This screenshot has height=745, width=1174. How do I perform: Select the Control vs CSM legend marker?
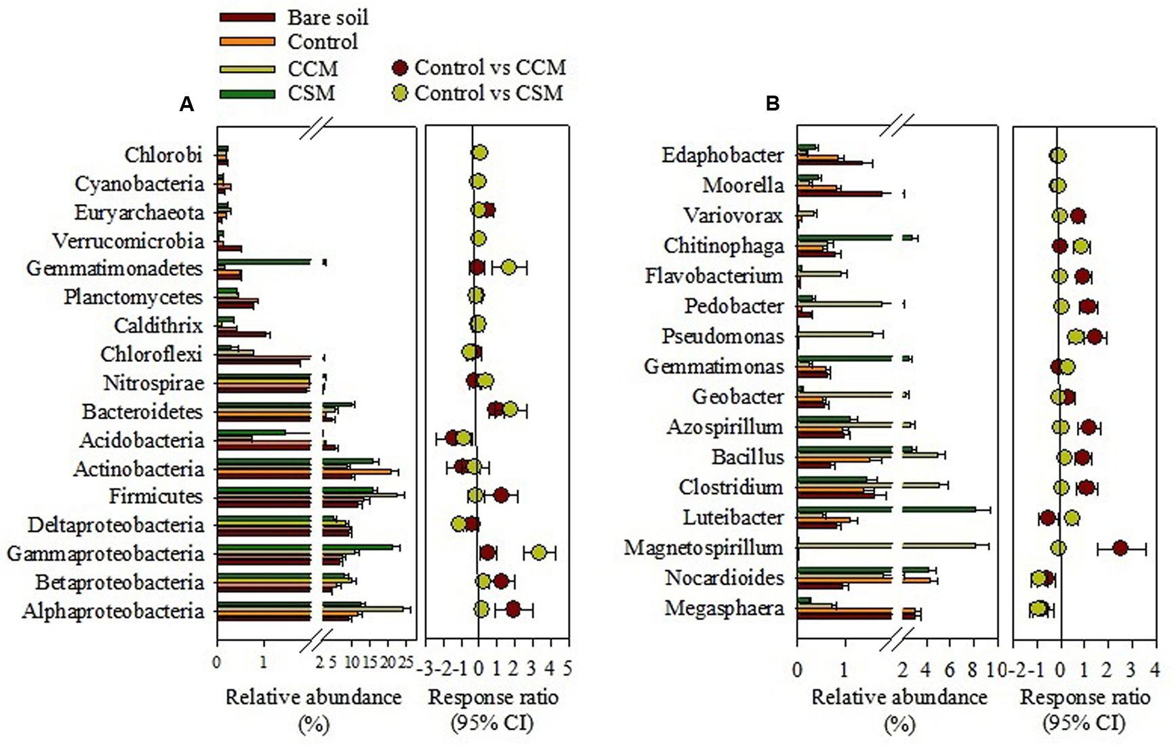coord(401,93)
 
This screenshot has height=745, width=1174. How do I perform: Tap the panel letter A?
coord(186,104)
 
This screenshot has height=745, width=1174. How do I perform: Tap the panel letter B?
coord(772,104)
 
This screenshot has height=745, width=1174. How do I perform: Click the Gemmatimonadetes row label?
coord(115,268)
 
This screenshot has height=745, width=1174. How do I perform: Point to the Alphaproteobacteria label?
coord(113,611)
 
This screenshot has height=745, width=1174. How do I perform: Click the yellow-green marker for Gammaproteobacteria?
coord(539,552)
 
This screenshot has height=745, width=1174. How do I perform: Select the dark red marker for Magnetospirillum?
coord(1120,548)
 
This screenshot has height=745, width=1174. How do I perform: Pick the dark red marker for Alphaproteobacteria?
coord(513,609)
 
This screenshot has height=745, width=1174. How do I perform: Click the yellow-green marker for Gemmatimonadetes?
coord(508,267)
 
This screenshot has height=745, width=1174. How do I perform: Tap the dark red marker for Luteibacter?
coord(1048,518)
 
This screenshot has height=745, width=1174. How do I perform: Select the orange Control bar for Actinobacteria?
coord(356,471)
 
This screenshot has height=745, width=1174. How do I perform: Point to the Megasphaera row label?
coord(724,608)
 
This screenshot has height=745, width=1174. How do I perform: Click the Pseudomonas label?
coord(723,336)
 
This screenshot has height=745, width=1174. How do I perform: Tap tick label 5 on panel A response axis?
coord(568,669)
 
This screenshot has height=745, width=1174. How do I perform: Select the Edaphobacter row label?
coord(723,155)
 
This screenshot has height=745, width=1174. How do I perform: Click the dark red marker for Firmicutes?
coord(501,496)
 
